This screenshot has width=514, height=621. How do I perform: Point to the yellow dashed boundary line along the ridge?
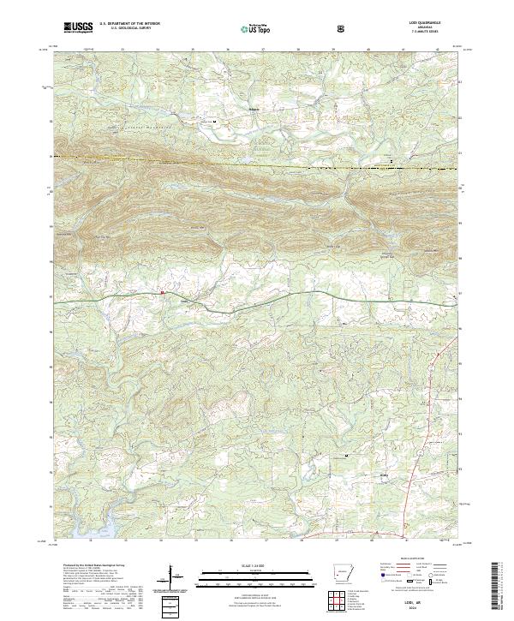click(257, 164)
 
